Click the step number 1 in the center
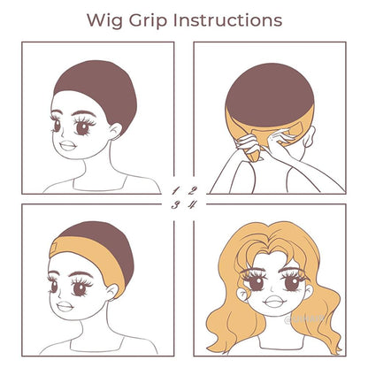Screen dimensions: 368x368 pyautogui.click(x=176, y=188)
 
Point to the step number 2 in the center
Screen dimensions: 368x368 pyautogui.click(x=191, y=188)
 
